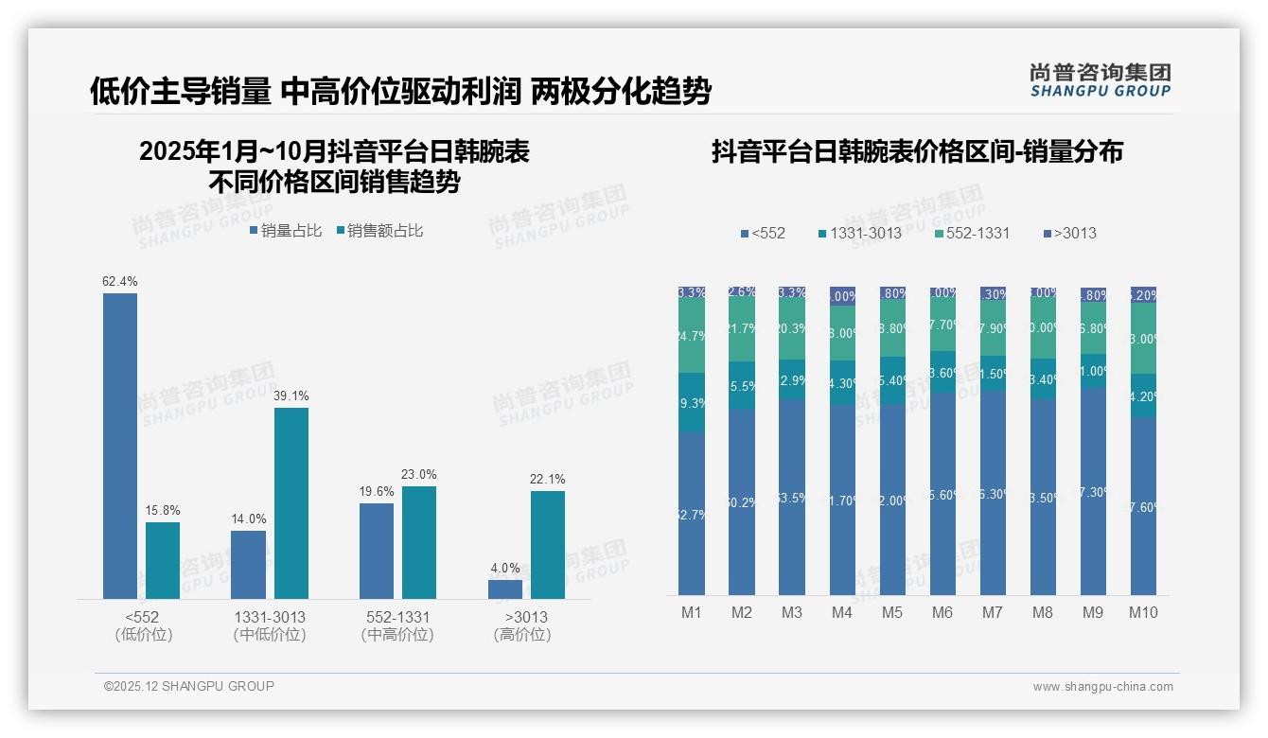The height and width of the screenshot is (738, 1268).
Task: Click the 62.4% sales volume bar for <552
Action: [120, 445]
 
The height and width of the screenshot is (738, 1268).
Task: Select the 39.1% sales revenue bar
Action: [291, 502]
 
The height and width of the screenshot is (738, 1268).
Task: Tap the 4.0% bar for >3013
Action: [505, 589]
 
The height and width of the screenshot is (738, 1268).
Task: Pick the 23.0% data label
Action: [419, 475]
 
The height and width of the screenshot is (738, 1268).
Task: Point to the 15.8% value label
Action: [163, 511]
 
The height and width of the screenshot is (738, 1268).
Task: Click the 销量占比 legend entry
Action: [286, 231]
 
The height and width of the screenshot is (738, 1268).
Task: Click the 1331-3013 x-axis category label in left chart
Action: [270, 617]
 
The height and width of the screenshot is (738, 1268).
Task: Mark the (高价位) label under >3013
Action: [521, 635]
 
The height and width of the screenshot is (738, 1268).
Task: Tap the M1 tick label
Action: [692, 613]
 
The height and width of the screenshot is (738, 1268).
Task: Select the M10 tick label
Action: [1143, 613]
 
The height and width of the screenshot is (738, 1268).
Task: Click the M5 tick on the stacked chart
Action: [892, 613]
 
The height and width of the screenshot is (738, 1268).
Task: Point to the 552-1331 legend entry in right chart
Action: [972, 233]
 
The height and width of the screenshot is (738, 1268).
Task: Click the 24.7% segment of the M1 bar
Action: [692, 336]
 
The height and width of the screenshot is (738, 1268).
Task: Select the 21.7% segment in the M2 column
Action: [742, 329]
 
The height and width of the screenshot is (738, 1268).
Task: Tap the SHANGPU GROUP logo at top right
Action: [1101, 80]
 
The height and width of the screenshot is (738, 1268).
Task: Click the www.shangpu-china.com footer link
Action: [1102, 687]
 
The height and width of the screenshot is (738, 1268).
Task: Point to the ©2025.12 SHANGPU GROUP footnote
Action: [189, 686]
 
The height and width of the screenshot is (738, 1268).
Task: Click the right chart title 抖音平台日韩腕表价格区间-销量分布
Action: [917, 152]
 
